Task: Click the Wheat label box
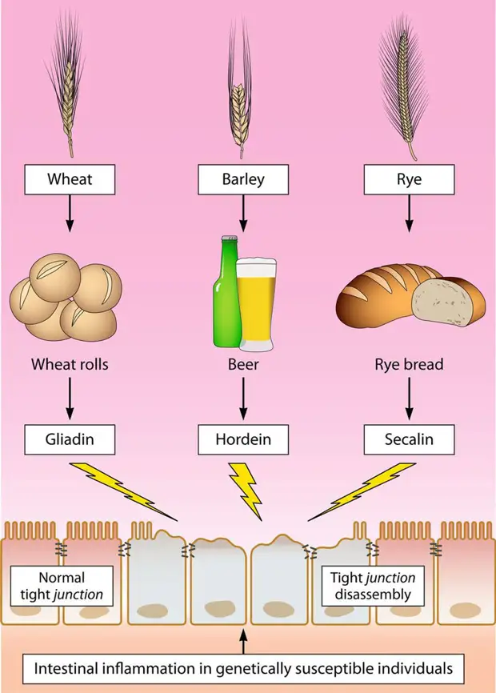(70, 179)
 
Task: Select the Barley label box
(243, 179)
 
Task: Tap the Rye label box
(409, 179)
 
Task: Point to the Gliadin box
(70, 440)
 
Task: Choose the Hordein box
(243, 440)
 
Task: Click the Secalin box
(409, 440)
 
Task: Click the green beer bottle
(226, 296)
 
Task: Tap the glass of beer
(256, 305)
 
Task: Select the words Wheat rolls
(70, 365)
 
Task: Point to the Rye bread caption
(409, 365)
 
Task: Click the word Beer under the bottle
(243, 365)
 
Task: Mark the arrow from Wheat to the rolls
(70, 213)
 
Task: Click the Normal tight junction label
(62, 586)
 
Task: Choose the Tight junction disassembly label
(373, 586)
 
